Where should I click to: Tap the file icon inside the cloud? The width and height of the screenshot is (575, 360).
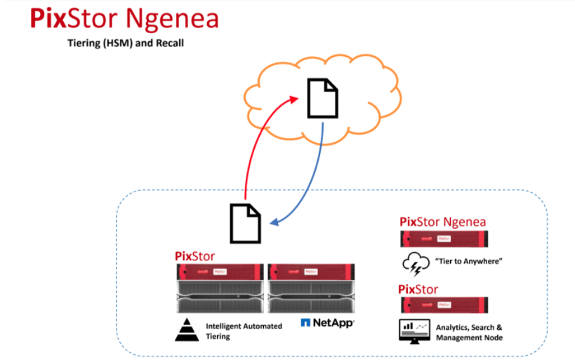[x=322, y=99]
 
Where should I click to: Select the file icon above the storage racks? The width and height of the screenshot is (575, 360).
[x=245, y=224]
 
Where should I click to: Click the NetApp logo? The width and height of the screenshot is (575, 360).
[x=327, y=323]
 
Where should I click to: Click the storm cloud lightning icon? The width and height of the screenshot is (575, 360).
[x=415, y=264]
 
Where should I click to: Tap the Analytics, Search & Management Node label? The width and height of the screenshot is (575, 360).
[x=469, y=333]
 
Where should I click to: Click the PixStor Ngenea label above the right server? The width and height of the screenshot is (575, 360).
[x=442, y=222]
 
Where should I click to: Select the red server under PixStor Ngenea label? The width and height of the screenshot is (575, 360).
[x=444, y=239]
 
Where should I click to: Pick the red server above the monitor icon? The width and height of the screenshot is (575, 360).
[x=444, y=305]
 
